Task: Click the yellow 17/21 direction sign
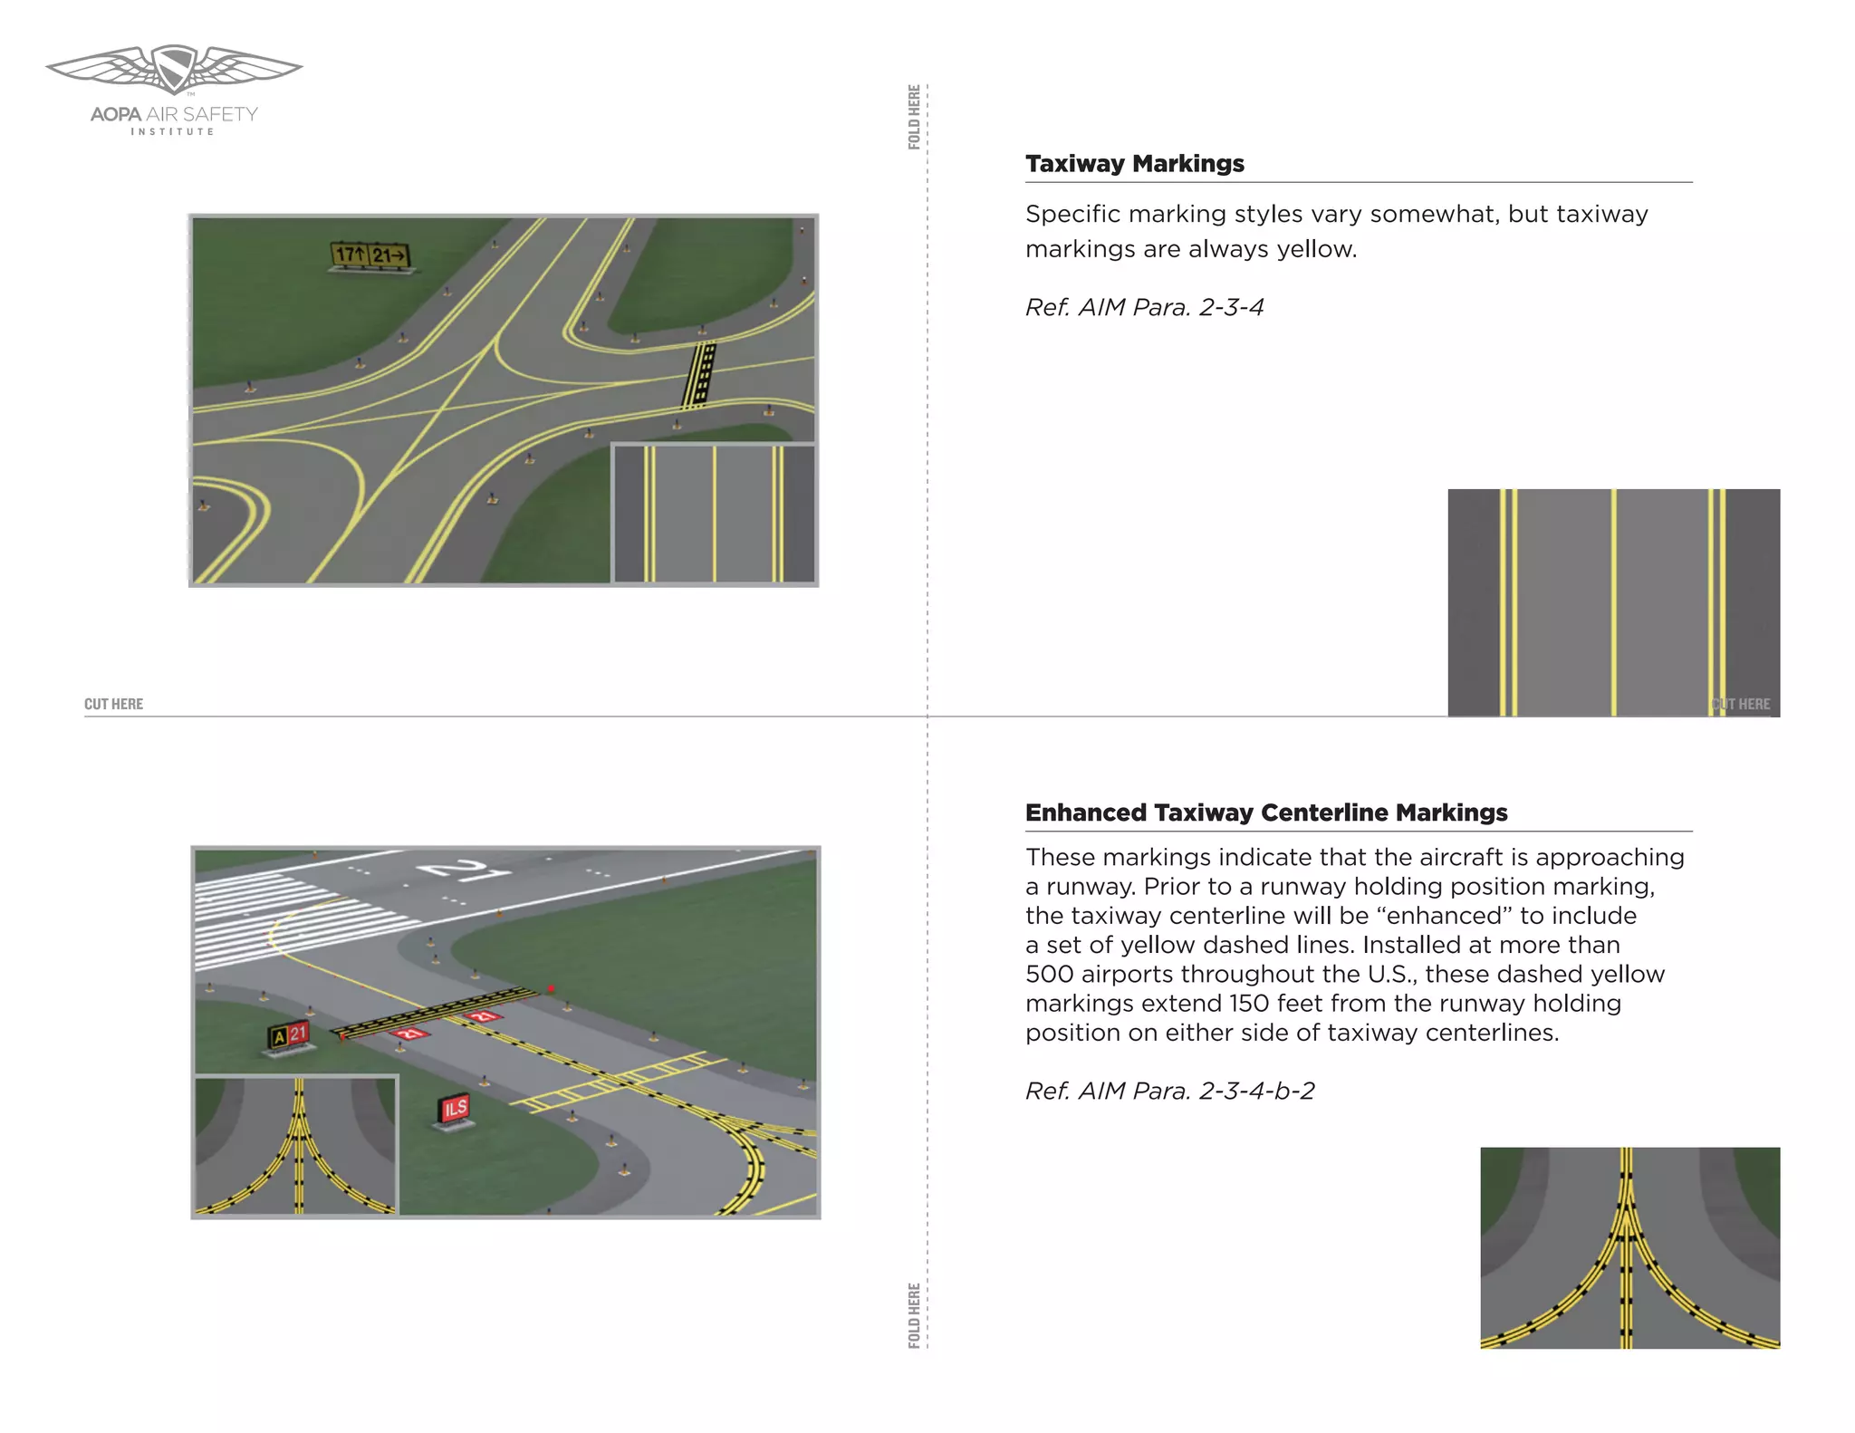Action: coord(370,255)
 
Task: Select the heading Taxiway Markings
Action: coord(1134,164)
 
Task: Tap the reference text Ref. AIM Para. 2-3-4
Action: coord(1144,307)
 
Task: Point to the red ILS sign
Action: coord(455,1108)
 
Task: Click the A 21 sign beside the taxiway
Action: coord(289,1034)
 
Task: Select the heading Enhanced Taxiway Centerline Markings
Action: coord(1265,813)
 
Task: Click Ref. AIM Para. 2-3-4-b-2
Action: coord(1169,1091)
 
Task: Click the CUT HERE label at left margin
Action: coord(114,704)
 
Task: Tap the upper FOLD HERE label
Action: coord(914,117)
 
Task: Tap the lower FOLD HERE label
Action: coord(914,1314)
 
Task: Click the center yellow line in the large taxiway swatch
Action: coord(1613,602)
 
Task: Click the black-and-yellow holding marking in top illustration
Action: coord(699,374)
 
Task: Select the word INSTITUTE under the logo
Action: coord(173,132)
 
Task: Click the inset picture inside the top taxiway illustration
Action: coord(714,513)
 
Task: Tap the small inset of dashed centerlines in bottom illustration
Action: coord(296,1145)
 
